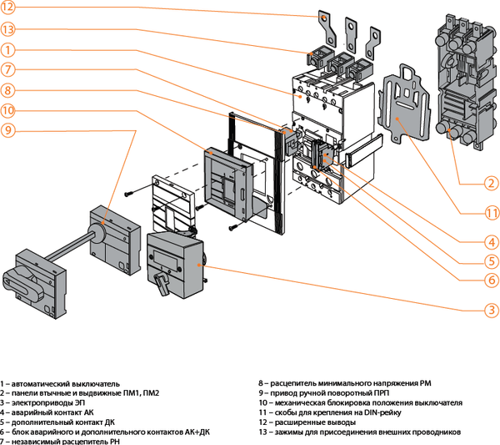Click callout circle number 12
7,9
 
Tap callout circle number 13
7,29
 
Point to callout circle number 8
7,89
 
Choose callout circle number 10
7,110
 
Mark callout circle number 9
7,129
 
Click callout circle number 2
492,183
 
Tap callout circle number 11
492,212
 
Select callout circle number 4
492,243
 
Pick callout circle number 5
492,261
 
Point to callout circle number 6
492,281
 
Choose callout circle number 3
492,310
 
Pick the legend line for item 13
358,432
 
